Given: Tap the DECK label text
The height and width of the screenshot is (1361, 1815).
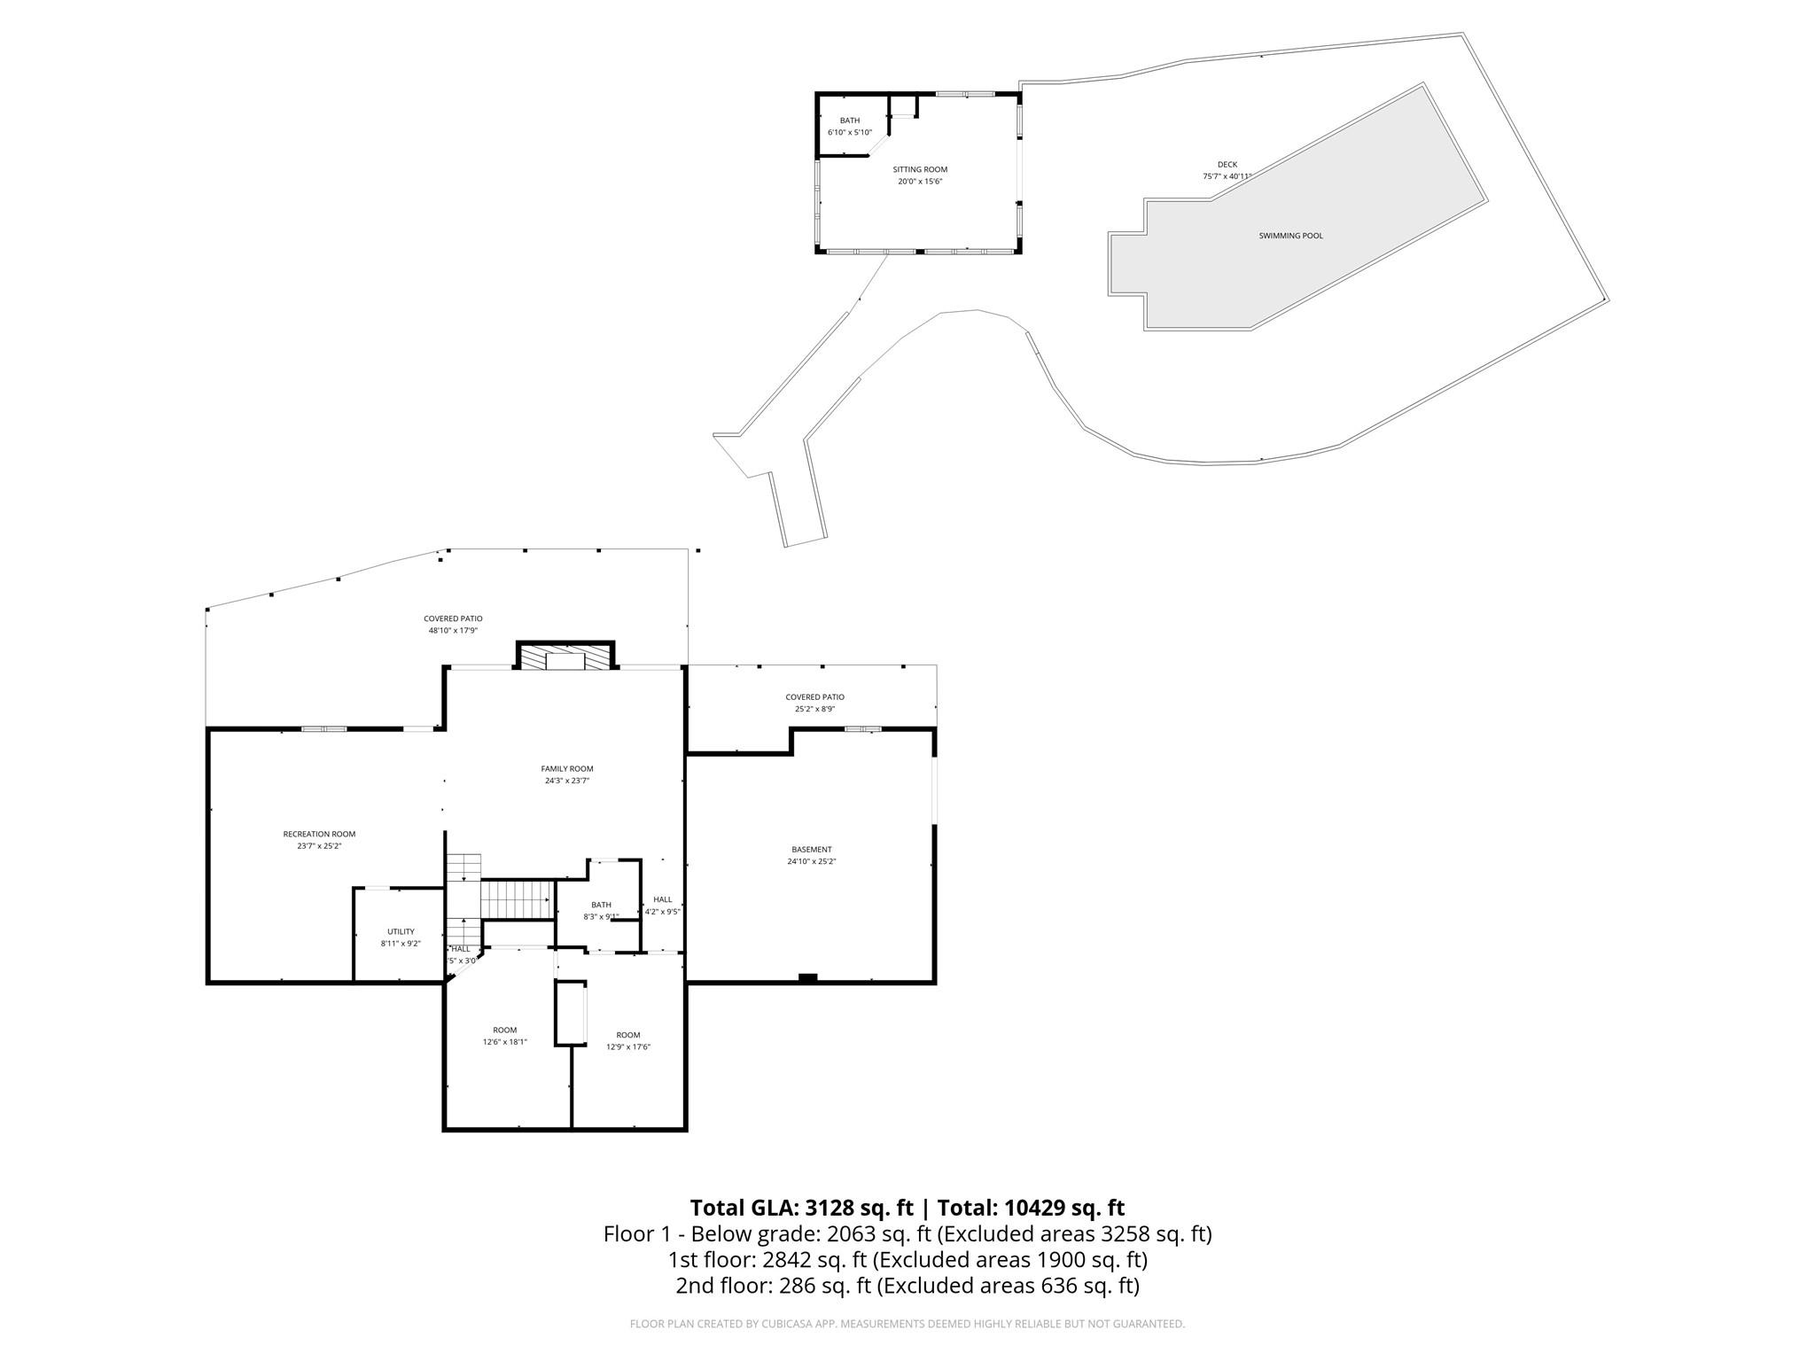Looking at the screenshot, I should point(1227,165).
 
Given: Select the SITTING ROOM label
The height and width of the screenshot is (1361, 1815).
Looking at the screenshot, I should point(920,169).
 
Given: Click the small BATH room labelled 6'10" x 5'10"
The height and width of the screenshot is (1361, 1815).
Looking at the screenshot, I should point(849,126).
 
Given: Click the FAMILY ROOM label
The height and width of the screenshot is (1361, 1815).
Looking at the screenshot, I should point(567,769).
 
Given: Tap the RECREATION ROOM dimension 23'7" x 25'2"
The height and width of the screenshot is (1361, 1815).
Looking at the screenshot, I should point(319,846).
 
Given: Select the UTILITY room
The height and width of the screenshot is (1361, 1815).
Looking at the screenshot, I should point(401,937).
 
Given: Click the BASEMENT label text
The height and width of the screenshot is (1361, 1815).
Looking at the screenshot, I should point(812,850).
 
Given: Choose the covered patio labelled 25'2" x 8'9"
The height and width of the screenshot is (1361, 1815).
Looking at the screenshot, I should point(814,703).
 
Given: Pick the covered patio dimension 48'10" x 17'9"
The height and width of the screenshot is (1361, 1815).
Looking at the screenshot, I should point(453,631).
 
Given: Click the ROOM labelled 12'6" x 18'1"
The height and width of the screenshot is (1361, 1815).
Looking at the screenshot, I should point(504,1036).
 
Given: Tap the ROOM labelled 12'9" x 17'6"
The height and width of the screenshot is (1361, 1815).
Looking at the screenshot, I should point(628,1040).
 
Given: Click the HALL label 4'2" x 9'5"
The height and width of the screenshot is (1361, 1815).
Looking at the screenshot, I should point(663,905).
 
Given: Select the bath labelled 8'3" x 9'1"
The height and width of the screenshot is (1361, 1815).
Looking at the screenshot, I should point(601,910).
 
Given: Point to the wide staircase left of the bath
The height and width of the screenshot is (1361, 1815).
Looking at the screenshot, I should point(517,899).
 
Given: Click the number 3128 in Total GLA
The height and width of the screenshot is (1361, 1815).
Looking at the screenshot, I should point(829,1208).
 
